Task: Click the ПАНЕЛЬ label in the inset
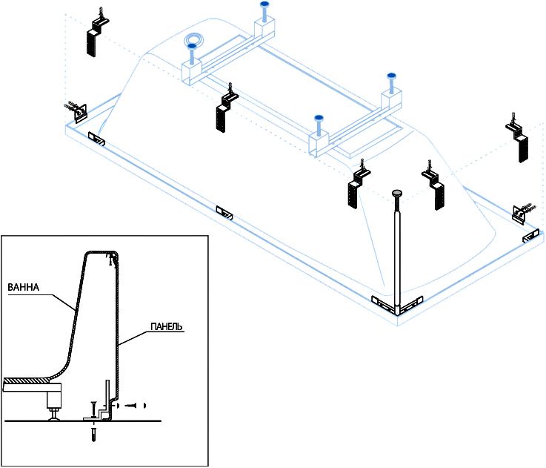click(167, 327)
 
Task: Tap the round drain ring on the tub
click(196, 41)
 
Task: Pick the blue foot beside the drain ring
click(191, 47)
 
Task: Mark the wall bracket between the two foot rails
click(227, 108)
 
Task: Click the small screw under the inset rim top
click(112, 260)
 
